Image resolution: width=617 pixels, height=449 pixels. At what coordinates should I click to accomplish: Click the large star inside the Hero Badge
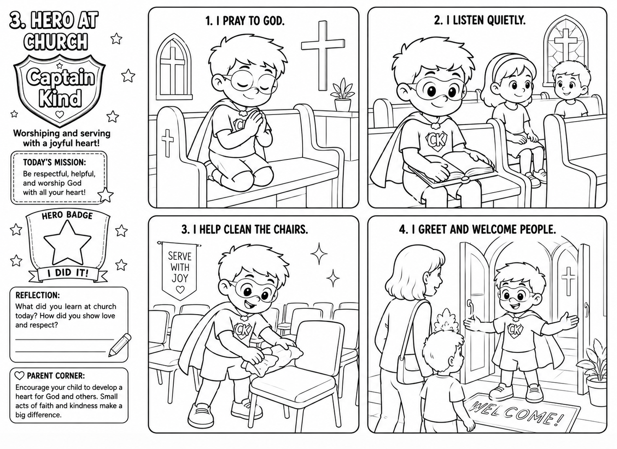click(x=68, y=244)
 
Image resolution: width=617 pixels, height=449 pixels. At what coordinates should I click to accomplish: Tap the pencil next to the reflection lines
click(x=120, y=345)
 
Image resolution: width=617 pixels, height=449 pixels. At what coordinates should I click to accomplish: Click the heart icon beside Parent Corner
click(x=19, y=376)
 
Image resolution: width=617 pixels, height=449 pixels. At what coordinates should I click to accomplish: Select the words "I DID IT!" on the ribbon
click(x=68, y=273)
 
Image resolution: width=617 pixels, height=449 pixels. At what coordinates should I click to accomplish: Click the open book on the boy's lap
click(x=452, y=169)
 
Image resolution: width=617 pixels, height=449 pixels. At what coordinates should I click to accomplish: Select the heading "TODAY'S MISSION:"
click(x=54, y=162)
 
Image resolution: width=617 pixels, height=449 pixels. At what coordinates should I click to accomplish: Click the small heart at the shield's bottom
click(x=60, y=114)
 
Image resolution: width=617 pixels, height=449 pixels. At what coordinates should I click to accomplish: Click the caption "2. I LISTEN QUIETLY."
click(x=480, y=21)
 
